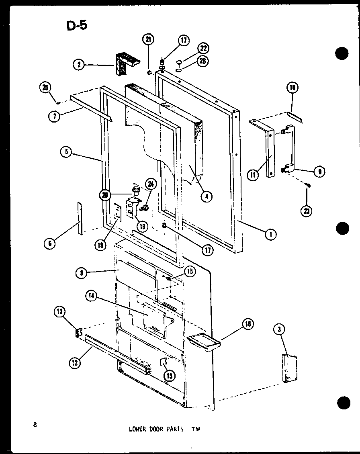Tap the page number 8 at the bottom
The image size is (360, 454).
pos(35,425)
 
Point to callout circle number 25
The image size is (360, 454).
pos(45,87)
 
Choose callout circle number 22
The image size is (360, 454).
pos(202,48)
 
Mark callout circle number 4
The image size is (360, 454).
pos(207,196)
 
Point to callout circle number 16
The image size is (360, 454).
pos(248,324)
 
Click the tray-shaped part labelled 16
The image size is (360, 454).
pos(204,341)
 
